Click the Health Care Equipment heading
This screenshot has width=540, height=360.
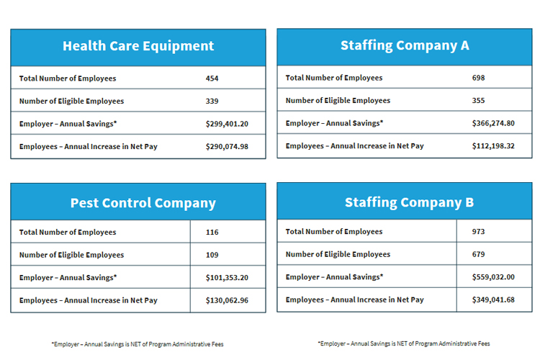pyautogui.click(x=138, y=46)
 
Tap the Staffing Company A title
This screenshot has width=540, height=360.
pyautogui.click(x=405, y=45)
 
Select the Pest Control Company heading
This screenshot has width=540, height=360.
pyautogui.click(x=143, y=203)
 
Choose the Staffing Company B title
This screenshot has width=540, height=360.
pyautogui.click(x=409, y=202)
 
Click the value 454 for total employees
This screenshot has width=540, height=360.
pyautogui.click(x=212, y=78)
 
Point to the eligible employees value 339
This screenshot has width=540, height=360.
pyautogui.click(x=212, y=102)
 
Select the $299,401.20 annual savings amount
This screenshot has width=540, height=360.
pyautogui.click(x=227, y=124)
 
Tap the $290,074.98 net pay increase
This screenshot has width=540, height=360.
pyautogui.click(x=227, y=147)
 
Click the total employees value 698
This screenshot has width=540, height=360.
pyautogui.click(x=479, y=78)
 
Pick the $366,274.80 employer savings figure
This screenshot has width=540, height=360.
pyautogui.click(x=493, y=123)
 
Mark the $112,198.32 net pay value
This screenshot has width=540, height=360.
pyautogui.click(x=493, y=146)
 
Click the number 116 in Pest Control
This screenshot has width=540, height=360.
pyautogui.click(x=212, y=233)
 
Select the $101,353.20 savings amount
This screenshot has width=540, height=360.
pyautogui.click(x=227, y=277)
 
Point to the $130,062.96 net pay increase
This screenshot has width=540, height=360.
pyautogui.click(x=227, y=300)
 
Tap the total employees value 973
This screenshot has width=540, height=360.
pyautogui.click(x=479, y=232)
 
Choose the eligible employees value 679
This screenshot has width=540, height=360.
pyautogui.click(x=479, y=254)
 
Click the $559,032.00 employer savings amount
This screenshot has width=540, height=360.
pyautogui.click(x=493, y=277)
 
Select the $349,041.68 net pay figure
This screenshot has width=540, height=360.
pyautogui.click(x=493, y=300)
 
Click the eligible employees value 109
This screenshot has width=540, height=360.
pyautogui.click(x=212, y=255)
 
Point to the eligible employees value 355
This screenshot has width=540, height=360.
pyautogui.click(x=479, y=101)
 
